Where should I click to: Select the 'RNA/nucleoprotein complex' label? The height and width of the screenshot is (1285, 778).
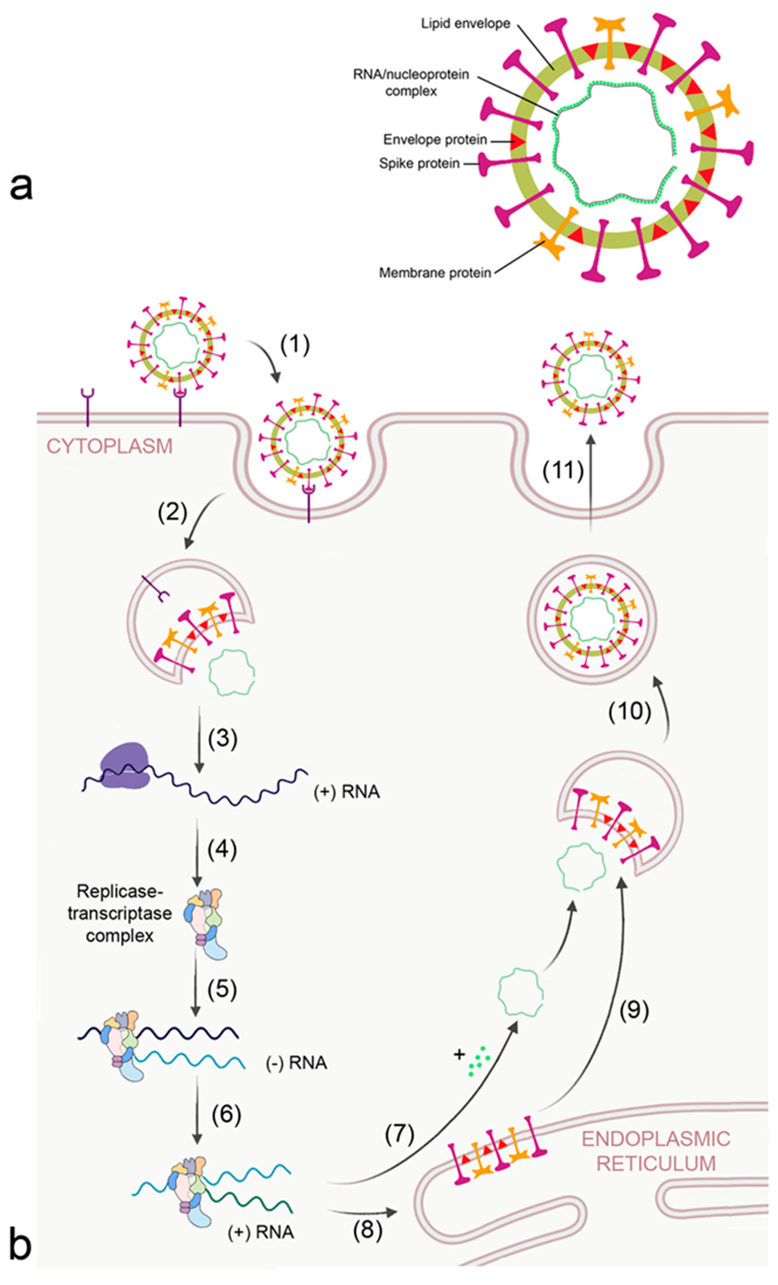(x=411, y=82)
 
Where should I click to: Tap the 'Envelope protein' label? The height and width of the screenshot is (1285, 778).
(x=435, y=140)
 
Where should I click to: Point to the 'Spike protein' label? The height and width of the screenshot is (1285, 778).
(x=419, y=164)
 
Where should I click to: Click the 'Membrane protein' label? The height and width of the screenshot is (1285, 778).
(x=435, y=273)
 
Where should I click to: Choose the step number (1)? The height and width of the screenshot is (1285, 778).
(x=295, y=345)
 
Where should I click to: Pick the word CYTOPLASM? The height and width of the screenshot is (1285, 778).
(x=110, y=447)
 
